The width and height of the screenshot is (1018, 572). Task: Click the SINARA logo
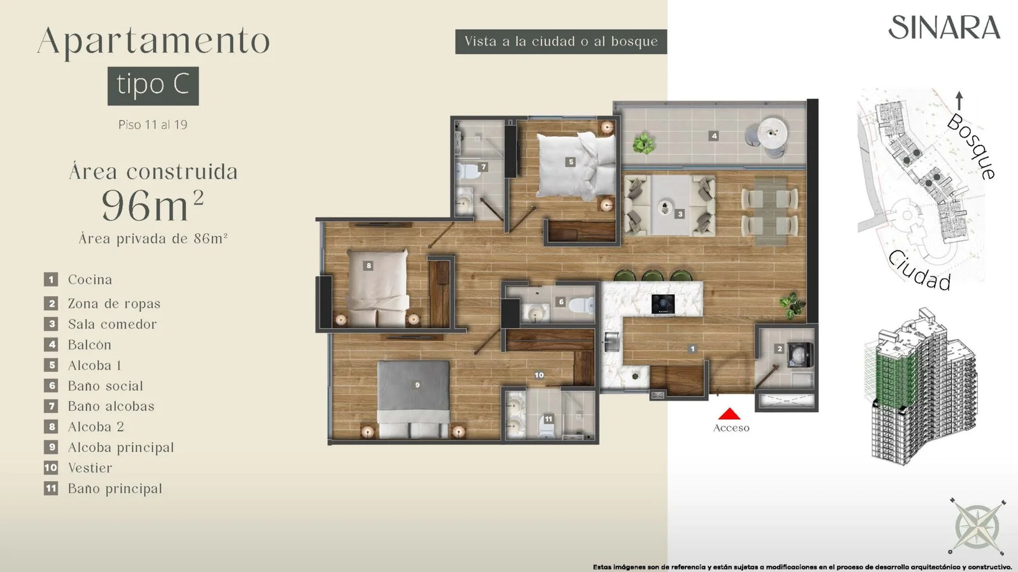click(944, 27)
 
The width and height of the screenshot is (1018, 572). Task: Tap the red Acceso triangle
click(729, 414)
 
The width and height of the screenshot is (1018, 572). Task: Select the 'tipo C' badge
click(153, 86)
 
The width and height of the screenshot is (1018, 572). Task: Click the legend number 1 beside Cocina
click(51, 279)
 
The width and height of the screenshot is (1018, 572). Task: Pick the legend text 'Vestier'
click(90, 468)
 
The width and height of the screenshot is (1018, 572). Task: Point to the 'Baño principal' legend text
click(115, 489)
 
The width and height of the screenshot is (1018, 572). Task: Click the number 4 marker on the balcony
click(714, 135)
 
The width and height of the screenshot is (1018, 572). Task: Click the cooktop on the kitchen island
click(663, 304)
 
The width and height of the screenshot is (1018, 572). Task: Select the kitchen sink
click(611, 341)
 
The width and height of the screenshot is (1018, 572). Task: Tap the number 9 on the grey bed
click(417, 385)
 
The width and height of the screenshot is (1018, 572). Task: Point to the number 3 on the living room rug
click(680, 214)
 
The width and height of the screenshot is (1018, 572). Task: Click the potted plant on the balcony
click(643, 143)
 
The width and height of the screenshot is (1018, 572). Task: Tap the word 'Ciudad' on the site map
click(919, 271)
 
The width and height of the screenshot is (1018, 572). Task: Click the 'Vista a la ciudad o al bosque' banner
click(561, 42)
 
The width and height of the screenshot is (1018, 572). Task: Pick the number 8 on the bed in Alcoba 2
click(368, 266)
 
